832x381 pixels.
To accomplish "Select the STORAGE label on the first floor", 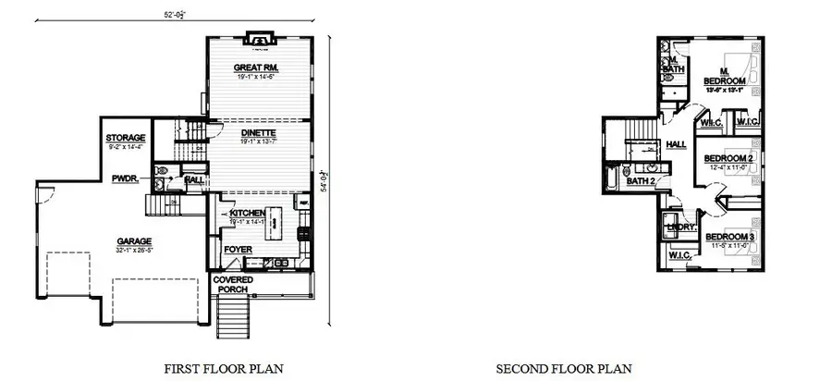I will point(126,138).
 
